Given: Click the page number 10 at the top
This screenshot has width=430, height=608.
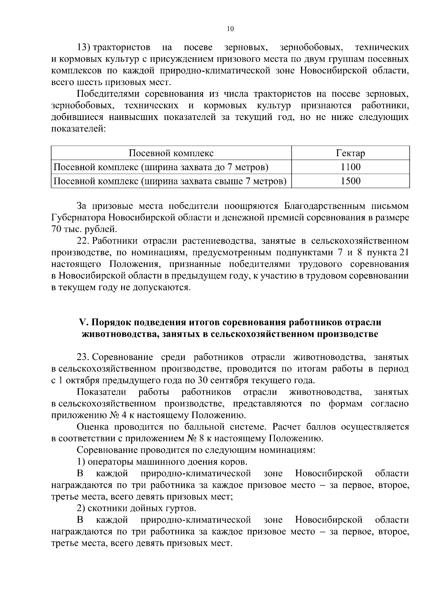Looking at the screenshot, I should [230, 29].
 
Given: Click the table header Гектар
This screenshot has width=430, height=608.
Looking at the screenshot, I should [350, 153].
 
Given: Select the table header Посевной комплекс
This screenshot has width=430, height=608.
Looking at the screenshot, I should [171, 153].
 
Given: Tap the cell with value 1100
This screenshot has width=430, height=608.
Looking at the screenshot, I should [350, 167].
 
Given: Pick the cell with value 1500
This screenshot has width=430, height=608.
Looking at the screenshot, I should [350, 181].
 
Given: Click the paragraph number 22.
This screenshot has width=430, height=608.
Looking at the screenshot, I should [83, 241].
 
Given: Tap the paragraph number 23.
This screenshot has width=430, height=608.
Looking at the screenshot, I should [83, 357].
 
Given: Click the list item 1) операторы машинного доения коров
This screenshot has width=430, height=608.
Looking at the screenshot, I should [162, 462].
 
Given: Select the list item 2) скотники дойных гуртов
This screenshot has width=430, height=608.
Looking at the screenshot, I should [137, 508].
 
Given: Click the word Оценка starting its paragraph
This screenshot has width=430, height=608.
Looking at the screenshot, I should [92, 427].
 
